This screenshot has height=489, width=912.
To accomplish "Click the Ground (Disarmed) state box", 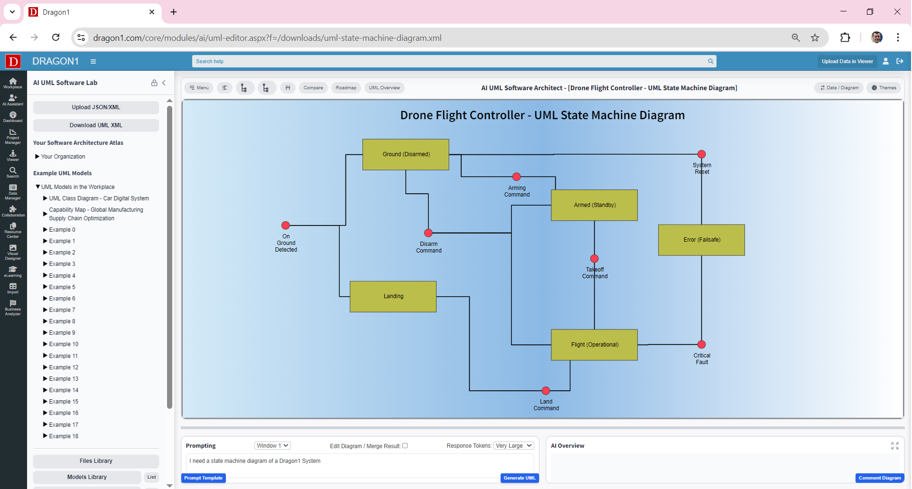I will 406,154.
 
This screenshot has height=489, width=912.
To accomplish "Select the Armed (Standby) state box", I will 594,205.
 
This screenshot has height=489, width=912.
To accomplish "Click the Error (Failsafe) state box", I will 701,240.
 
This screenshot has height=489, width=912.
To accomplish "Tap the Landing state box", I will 393,296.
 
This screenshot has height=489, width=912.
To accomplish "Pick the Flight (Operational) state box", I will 594,345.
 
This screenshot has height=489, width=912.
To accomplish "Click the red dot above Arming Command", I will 517,177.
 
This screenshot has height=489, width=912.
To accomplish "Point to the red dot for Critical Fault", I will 701,345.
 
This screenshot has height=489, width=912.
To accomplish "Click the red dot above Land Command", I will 546,391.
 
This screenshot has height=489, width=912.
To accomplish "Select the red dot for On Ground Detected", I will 286,226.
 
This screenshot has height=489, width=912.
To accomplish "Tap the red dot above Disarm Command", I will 428,233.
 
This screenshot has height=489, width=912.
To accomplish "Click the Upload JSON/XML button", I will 96,107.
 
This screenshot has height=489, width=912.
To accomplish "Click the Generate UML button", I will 519,478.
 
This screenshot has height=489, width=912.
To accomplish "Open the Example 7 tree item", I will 62,310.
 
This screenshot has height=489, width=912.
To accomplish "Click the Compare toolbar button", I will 313,88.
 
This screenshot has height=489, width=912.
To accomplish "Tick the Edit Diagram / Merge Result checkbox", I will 405,446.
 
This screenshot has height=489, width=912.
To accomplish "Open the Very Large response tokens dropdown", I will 514,446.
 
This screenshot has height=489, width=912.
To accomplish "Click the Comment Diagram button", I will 879,478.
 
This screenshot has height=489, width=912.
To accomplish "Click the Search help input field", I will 451,61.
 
